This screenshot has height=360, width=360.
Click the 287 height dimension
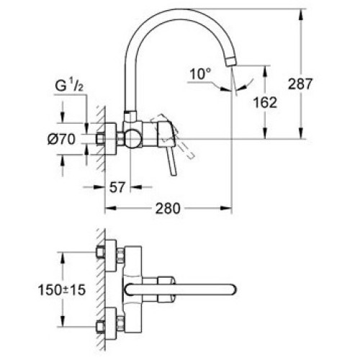pos(300,84)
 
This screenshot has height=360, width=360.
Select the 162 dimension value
pos(265,102)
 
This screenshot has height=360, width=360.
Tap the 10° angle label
pos(200,74)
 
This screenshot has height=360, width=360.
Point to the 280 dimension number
pos(168,208)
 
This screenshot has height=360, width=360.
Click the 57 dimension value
pos(117,187)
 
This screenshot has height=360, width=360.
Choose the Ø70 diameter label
pos(61,139)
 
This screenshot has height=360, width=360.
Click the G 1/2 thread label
pos(69,87)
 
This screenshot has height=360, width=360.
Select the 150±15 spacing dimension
pos(62,290)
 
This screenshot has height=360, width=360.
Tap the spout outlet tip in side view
pos(231,61)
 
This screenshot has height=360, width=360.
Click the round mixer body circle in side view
pos(132,138)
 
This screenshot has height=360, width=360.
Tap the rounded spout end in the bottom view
pos(233,289)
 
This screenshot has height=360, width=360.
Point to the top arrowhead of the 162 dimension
pos(265,71)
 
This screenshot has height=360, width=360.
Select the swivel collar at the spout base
pos(130,116)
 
